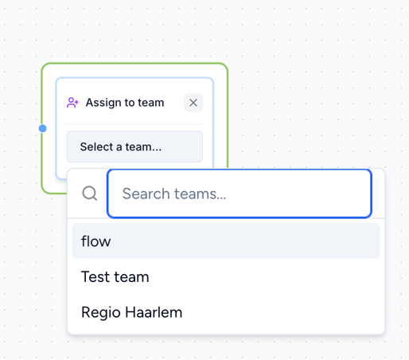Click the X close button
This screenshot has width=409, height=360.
(x=193, y=103)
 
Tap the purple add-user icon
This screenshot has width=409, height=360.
(x=72, y=103)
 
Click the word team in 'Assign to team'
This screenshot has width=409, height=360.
(x=150, y=103)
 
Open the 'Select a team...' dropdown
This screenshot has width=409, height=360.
(x=134, y=147)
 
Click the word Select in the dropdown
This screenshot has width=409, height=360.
(x=97, y=147)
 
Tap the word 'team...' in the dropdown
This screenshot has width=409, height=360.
(x=143, y=147)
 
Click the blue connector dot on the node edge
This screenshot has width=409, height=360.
(x=42, y=128)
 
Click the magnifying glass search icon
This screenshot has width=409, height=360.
(x=90, y=194)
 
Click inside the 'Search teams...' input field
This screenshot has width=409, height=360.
(x=240, y=194)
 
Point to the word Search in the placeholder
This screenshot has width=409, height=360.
(x=146, y=194)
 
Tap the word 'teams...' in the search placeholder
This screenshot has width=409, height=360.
(x=200, y=194)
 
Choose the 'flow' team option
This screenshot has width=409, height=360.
(x=226, y=241)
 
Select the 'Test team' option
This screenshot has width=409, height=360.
(x=226, y=276)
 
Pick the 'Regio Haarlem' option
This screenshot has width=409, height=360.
(x=226, y=312)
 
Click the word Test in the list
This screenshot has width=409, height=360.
(x=95, y=276)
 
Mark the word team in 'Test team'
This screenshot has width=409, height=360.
(x=131, y=277)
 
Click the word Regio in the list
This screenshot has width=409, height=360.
(x=101, y=313)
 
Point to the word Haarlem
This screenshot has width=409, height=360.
(x=154, y=312)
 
